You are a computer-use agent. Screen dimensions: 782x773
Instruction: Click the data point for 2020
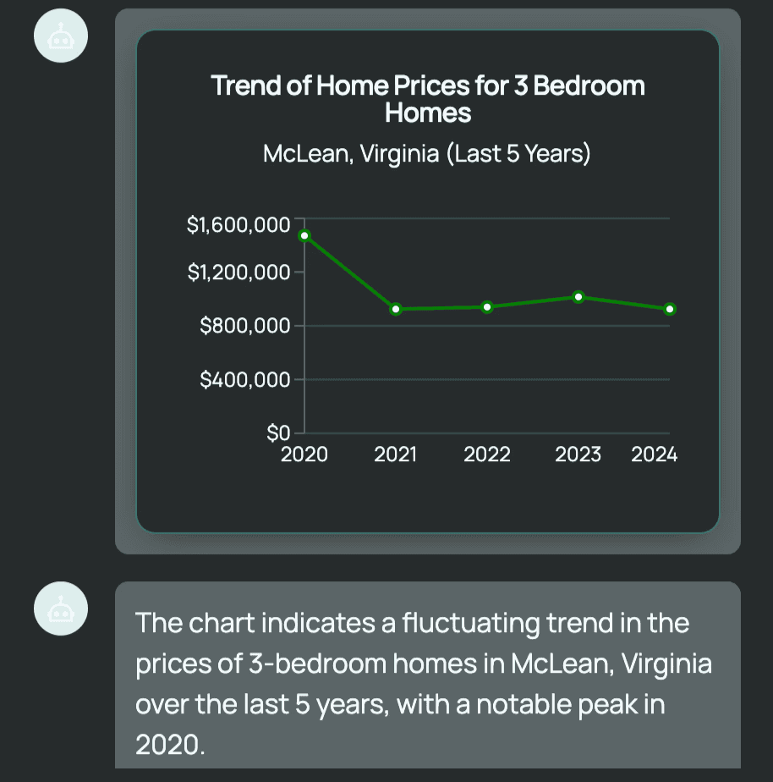point(304,235)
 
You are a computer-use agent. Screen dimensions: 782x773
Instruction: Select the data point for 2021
point(396,309)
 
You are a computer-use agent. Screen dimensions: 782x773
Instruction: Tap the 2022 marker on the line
point(487,306)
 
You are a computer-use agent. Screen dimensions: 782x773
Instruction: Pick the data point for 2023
point(578,296)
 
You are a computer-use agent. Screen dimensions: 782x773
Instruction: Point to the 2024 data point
point(670,309)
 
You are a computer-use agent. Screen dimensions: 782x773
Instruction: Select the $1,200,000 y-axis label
point(238,273)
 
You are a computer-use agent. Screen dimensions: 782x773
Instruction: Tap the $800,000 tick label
point(244,326)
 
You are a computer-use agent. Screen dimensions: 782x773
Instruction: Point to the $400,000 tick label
point(244,380)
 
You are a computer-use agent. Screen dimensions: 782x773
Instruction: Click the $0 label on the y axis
point(278,434)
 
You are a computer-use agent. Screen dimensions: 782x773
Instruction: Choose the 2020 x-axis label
point(304,455)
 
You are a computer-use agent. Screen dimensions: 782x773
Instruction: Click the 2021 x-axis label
point(396,455)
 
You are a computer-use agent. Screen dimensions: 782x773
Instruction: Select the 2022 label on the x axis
point(487,455)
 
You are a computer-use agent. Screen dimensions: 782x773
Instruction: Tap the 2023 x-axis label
point(578,455)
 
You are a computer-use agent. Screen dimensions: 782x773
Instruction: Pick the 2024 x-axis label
point(655,455)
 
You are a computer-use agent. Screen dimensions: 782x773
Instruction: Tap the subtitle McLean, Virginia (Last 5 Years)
point(426,155)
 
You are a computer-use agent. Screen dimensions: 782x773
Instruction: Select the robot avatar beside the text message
point(60,609)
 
